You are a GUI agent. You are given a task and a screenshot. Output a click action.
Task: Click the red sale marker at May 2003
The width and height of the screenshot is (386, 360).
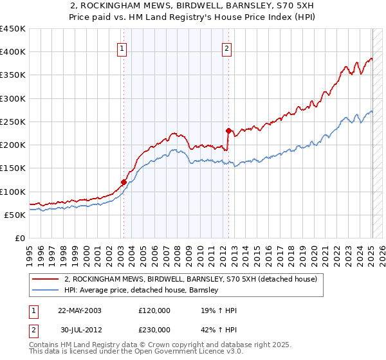[124, 182]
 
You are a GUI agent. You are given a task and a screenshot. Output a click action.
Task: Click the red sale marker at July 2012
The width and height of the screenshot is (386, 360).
[228, 130]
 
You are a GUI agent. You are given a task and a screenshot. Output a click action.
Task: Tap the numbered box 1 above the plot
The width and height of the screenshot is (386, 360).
[123, 47]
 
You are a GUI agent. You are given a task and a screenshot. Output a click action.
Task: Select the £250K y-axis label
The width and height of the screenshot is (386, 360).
[13, 122]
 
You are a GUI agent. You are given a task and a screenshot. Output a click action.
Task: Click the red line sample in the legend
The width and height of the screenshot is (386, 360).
[45, 280]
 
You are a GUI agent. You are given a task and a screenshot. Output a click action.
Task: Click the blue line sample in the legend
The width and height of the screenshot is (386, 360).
[45, 291]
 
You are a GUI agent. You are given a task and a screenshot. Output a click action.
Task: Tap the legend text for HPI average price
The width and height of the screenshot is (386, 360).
[142, 291]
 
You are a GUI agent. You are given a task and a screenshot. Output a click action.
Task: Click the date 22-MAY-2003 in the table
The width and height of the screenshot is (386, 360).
[79, 310]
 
